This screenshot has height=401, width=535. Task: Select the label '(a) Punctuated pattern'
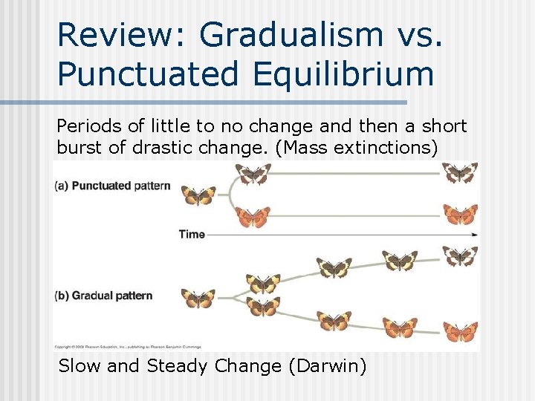[x=112, y=186]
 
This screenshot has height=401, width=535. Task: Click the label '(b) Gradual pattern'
[x=103, y=296]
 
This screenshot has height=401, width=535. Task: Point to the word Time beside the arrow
[x=191, y=234]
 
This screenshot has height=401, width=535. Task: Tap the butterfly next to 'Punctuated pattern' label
[x=198, y=195]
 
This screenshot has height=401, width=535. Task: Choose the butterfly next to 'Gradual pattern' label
[x=198, y=299]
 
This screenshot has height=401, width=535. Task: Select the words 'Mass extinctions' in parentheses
[x=369, y=147]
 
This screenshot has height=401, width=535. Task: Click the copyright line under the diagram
[x=126, y=347]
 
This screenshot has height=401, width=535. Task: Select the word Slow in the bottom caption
[x=80, y=366]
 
